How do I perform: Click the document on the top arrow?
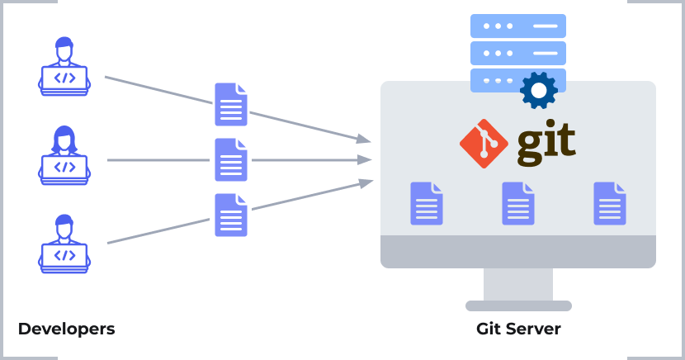click(231, 104)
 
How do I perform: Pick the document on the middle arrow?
click(231, 159)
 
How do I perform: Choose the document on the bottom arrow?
click(231, 215)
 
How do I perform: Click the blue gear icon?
click(539, 90)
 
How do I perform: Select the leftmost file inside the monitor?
click(427, 204)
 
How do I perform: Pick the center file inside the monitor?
click(518, 204)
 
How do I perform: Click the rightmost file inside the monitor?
click(610, 204)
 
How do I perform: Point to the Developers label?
click(66, 329)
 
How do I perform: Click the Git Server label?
click(518, 329)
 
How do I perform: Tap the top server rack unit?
click(518, 26)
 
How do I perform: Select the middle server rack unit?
click(518, 53)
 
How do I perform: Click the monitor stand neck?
click(518, 284)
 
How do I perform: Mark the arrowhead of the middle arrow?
click(364, 159)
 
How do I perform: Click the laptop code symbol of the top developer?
click(64, 78)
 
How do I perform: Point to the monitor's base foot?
click(518, 306)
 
